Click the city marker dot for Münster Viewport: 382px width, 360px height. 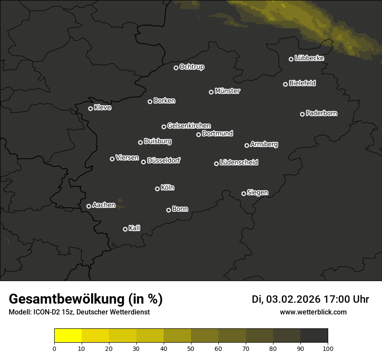click(211, 92)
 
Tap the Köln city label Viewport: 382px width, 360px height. click(168, 188)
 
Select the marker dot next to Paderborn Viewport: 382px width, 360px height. click(303, 114)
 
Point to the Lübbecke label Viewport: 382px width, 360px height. click(309, 58)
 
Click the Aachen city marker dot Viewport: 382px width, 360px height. click(89, 206)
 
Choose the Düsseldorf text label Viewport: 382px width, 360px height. click(164, 160)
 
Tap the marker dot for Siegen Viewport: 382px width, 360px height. click(244, 193)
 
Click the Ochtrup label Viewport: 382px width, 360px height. click(191, 67)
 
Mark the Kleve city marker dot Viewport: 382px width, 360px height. click(91, 108)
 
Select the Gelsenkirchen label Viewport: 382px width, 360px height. click(189, 126)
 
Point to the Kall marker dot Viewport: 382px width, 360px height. click(125, 229)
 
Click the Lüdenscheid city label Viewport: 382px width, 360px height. click(239, 163)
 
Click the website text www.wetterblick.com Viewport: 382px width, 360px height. click(313, 312)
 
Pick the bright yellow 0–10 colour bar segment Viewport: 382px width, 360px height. click(68, 336)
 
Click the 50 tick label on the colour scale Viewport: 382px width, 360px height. click(191, 348)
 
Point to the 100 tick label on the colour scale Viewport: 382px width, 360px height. click(328, 348)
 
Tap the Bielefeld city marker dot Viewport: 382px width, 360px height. click(286, 84)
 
